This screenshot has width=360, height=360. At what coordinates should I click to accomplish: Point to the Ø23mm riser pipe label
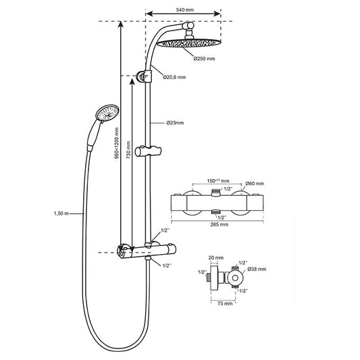[176, 124]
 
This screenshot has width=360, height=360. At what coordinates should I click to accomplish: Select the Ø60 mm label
[255, 183]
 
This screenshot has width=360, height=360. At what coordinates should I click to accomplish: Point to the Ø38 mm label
[257, 268]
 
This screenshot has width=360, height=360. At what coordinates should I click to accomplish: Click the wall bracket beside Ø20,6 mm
[143, 76]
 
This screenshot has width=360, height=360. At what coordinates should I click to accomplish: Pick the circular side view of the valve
[233, 278]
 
